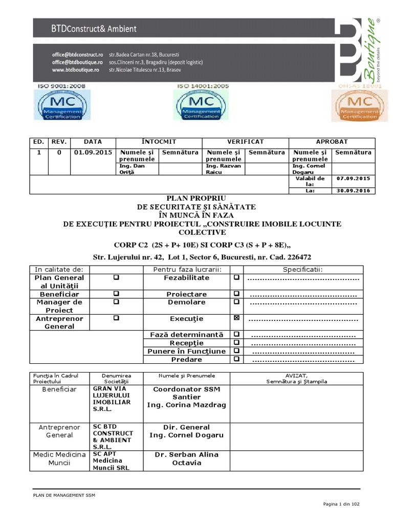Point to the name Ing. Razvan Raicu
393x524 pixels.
pyautogui.click(x=223, y=170)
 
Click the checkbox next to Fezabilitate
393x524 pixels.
pyautogui.click(x=236, y=277)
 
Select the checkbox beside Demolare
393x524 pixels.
pyautogui.click(x=236, y=302)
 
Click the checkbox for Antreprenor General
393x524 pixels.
pyautogui.click(x=116, y=318)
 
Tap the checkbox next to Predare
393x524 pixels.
pyautogui.click(x=236, y=359)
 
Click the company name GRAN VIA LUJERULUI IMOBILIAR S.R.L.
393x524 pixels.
pyautogui.click(x=112, y=399)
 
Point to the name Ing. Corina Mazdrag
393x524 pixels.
pyautogui.click(x=186, y=405)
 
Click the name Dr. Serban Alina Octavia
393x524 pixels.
pyautogui.click(x=186, y=458)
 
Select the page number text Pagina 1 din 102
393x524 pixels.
pyautogui.click(x=341, y=505)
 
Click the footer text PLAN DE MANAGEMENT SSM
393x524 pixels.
pyautogui.click(x=64, y=495)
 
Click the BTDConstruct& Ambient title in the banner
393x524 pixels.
pyautogui.click(x=93, y=29)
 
